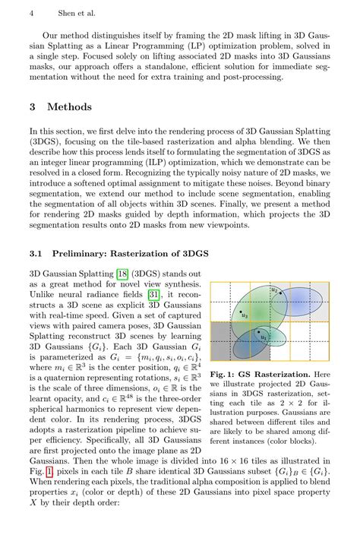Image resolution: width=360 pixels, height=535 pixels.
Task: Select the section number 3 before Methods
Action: coord(33,106)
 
